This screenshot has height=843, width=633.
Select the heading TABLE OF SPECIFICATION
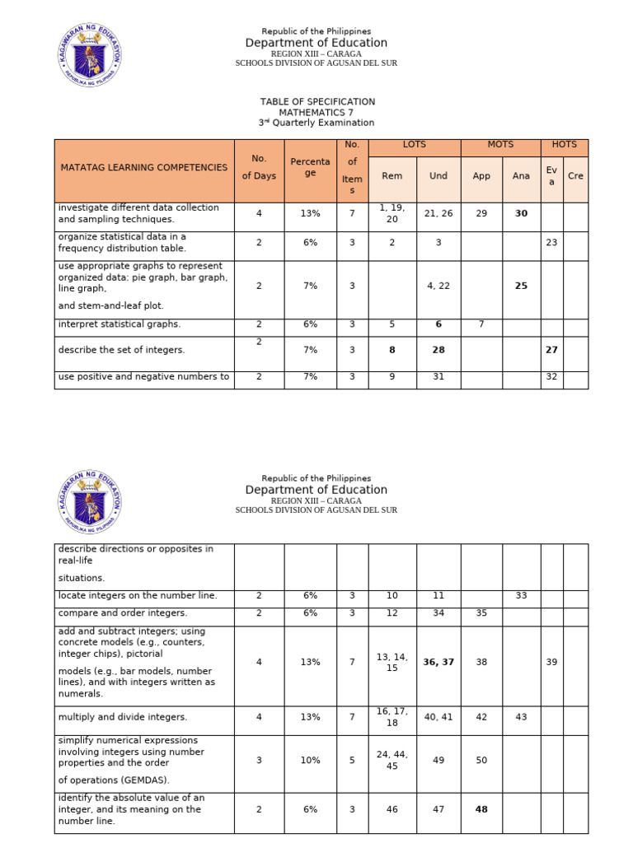coord(317,102)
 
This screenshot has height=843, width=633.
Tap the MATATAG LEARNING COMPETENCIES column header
coord(143,168)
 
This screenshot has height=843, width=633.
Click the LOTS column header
coord(415,145)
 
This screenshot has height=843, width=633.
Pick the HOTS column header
coord(565,145)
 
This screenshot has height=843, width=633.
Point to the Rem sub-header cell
coord(392,176)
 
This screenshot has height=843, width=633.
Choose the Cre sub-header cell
coord(576,176)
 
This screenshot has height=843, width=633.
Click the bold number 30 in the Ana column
coord(521,213)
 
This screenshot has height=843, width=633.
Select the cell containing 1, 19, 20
coord(392,213)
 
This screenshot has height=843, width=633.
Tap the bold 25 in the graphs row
coord(521,286)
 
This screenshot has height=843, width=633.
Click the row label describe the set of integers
coord(121,350)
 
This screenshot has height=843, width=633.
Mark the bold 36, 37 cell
coord(438,662)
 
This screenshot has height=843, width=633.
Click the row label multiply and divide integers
coord(123,717)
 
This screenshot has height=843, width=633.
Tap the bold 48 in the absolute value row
coord(481,809)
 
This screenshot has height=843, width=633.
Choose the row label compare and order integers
coord(123,613)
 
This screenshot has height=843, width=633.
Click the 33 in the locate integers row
coord(521,595)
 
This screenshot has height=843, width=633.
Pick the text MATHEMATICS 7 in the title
coord(317,113)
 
